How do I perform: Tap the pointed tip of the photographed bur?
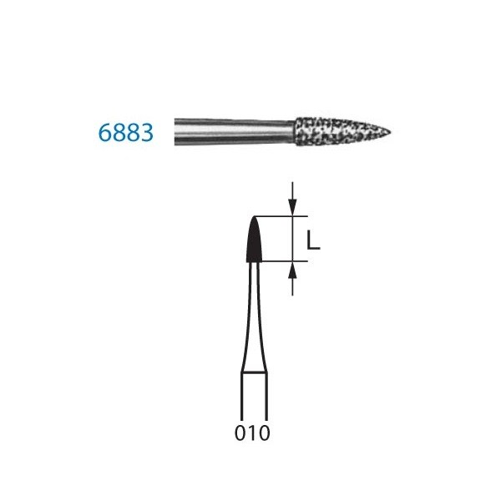click(390, 132)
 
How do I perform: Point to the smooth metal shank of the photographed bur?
click(234, 132)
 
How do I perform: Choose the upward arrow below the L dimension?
click(292, 273)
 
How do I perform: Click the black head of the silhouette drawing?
click(254, 242)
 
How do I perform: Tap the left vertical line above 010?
click(242, 397)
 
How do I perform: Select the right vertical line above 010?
click(266, 397)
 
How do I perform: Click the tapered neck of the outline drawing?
click(254, 317)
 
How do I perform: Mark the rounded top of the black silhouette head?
click(254, 220)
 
